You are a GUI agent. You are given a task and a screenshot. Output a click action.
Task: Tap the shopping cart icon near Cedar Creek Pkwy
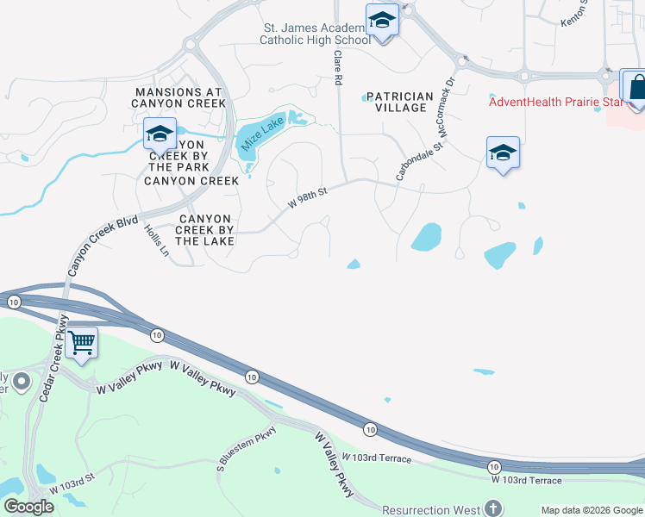tap(81, 343)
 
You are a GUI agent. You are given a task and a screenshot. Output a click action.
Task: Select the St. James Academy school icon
tap(381, 20)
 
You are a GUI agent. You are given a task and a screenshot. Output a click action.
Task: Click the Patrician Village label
tap(396, 102)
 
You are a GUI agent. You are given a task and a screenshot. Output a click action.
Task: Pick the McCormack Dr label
tap(446, 109)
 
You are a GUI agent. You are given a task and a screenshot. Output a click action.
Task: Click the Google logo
tap(28, 507)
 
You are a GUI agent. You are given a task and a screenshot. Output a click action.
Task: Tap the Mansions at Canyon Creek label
tap(178, 97)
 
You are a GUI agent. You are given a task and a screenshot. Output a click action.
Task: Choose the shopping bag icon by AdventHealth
tap(636, 87)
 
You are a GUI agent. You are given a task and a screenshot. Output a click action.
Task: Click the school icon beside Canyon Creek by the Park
tap(160, 134)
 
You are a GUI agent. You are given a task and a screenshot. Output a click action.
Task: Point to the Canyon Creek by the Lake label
tap(204, 230)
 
